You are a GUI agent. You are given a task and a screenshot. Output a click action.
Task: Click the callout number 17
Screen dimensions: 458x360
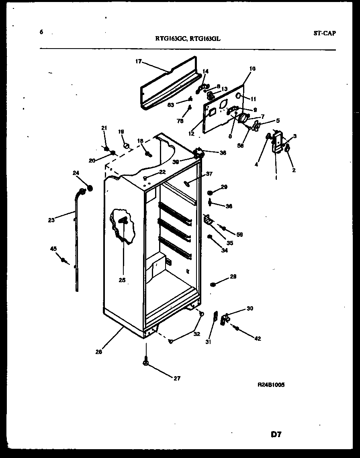(138, 61)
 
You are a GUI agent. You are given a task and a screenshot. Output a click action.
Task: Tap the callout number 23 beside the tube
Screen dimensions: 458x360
(51, 220)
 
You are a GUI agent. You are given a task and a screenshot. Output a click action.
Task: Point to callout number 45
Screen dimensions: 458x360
(53, 249)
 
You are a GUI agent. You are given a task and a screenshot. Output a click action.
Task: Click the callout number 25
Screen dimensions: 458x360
(122, 280)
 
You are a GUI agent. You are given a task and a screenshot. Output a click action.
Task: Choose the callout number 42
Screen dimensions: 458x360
(257, 339)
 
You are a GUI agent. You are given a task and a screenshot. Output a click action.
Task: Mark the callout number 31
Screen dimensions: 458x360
(208, 342)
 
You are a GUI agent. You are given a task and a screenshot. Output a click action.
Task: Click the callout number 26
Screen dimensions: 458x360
(99, 352)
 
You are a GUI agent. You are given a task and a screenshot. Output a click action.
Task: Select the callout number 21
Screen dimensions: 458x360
(104, 128)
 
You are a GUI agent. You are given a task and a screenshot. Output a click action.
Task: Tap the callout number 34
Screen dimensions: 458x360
(224, 250)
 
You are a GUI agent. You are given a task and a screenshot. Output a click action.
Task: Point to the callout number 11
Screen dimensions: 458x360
(253, 99)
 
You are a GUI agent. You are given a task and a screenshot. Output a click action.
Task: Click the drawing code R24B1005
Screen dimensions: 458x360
(271, 384)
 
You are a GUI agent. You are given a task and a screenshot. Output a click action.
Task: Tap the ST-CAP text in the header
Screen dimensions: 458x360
(324, 33)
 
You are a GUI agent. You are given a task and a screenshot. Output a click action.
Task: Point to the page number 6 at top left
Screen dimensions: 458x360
(41, 32)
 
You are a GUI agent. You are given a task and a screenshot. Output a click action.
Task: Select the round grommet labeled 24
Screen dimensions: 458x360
(90, 187)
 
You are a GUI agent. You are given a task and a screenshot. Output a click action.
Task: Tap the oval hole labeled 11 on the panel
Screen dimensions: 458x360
(238, 96)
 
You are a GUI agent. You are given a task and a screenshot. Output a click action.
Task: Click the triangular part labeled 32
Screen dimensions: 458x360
(171, 341)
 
